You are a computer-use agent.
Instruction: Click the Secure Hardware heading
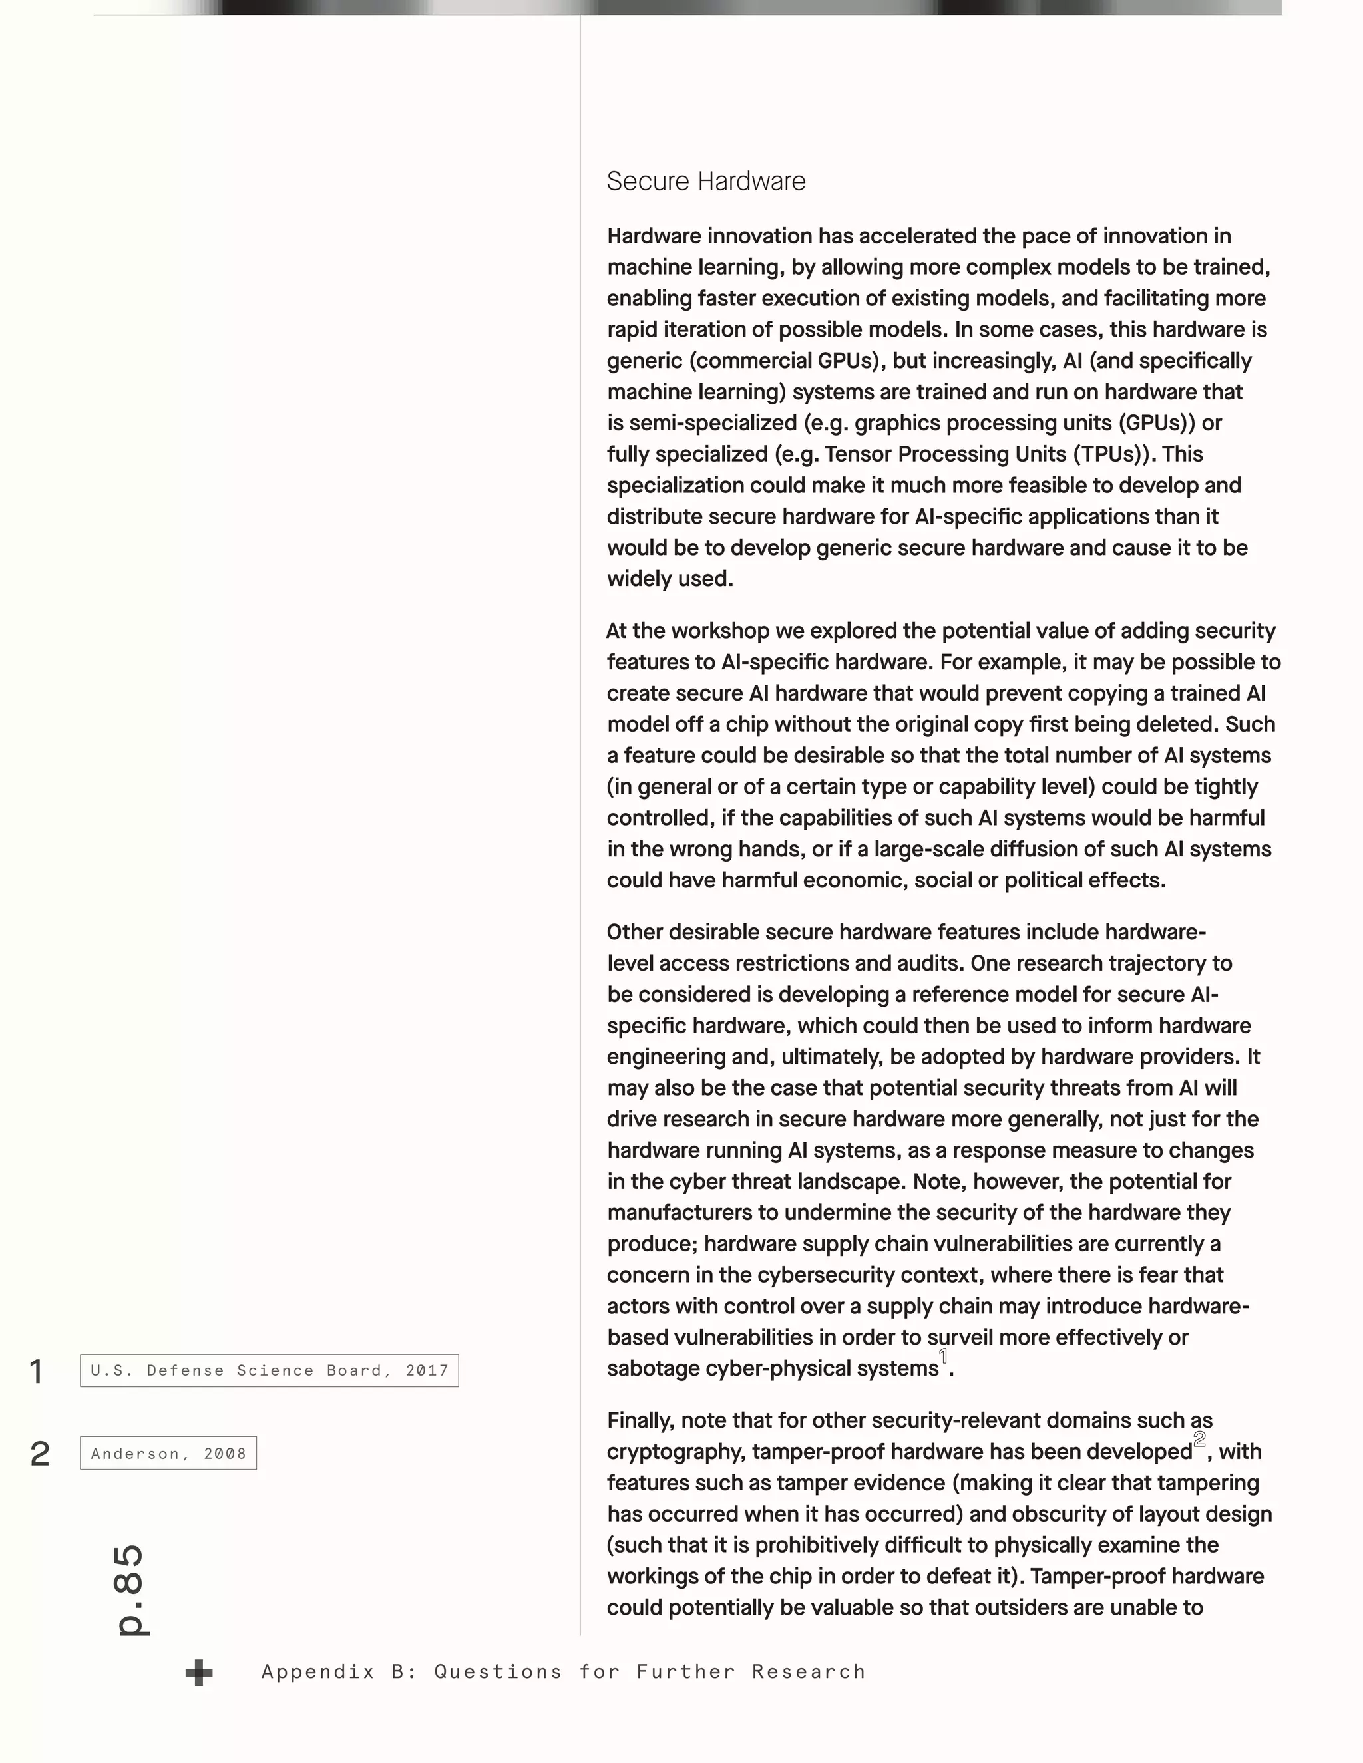(x=705, y=182)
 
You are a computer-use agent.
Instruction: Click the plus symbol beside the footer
(x=198, y=1673)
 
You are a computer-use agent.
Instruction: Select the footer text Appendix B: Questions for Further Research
(x=563, y=1672)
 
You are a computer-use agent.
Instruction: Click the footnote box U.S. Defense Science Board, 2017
(x=269, y=1370)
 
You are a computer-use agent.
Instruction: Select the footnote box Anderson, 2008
(x=168, y=1454)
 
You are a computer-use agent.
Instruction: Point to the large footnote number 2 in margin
(x=39, y=1454)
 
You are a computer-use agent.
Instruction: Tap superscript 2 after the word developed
(x=1200, y=1439)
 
